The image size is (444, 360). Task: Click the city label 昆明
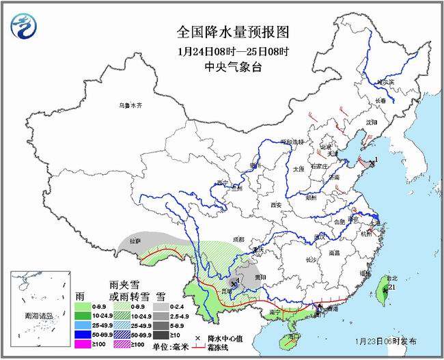[x=226, y=291]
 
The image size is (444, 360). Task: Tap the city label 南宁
[x=276, y=312]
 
